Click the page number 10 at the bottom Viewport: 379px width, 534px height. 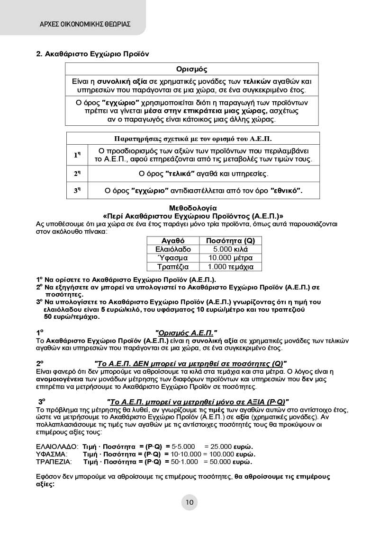(189, 502)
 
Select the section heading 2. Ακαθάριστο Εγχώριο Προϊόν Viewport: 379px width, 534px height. (93, 53)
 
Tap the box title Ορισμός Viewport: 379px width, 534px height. (191, 70)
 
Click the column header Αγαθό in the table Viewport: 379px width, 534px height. (173, 241)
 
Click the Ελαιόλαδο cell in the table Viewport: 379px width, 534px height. (173, 249)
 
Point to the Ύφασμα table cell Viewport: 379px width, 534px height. (173, 258)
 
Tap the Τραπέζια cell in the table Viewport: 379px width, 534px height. (173, 267)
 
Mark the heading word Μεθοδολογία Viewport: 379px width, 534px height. (193, 208)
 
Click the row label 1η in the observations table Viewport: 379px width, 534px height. (77, 155)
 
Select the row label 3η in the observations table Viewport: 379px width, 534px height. (77, 191)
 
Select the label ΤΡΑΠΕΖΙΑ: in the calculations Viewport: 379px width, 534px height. (54, 462)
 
